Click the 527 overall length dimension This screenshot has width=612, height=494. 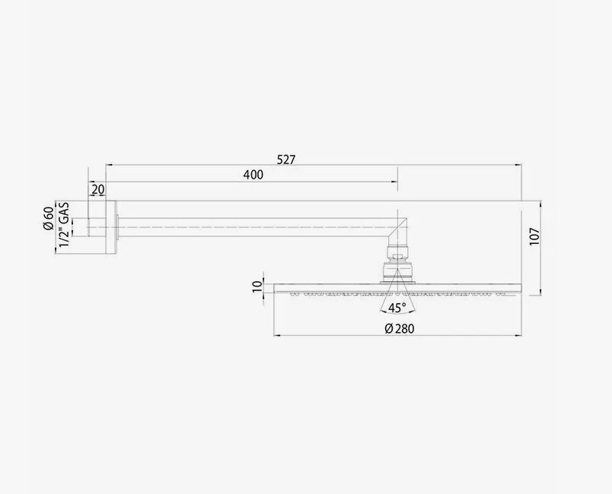(286, 160)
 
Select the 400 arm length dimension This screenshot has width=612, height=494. (253, 175)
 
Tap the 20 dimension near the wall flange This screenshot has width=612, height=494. (98, 189)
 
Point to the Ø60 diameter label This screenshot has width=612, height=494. (48, 218)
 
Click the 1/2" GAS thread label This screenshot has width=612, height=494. (65, 223)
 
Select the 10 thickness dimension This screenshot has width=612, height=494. (257, 287)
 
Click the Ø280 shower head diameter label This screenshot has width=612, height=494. (398, 328)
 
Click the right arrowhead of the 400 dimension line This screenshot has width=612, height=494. (394, 181)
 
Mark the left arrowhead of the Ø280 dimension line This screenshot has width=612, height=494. (276, 335)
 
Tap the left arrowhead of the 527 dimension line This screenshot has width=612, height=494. (109, 163)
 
